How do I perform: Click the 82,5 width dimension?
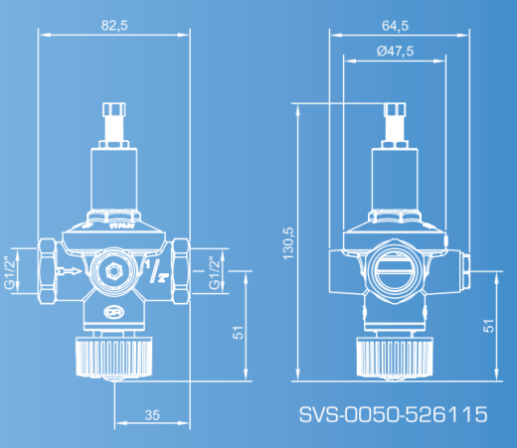[x=114, y=26]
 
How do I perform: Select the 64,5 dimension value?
[x=395, y=26]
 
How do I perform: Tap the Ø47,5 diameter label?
[x=395, y=52]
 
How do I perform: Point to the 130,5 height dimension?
[x=288, y=243]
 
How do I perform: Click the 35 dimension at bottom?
[x=152, y=415]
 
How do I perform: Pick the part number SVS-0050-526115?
[x=394, y=414]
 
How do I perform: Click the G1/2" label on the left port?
[x=10, y=272]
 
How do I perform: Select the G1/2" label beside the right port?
[x=215, y=272]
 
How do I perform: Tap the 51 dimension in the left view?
[x=238, y=333]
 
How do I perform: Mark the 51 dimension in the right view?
[x=488, y=326]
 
